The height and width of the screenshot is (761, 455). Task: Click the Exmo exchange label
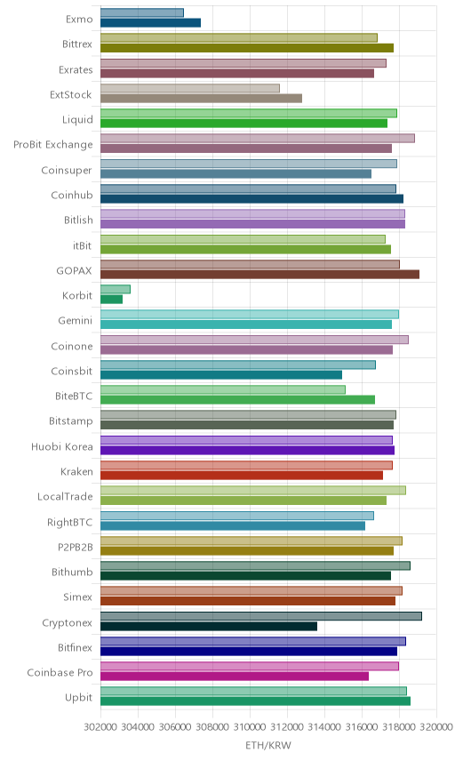point(79,19)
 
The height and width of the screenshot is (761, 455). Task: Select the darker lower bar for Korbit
point(112,300)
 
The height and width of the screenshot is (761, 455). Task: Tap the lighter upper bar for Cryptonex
point(261,616)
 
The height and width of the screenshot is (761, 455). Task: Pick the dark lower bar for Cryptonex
point(209,626)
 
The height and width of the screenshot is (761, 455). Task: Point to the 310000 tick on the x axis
point(250,726)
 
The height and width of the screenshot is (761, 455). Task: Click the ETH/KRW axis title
point(268,746)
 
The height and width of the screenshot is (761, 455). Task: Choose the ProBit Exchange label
point(52,145)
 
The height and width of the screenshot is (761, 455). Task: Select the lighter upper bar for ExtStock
point(190,88)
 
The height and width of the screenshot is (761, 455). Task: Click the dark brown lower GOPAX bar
point(260,274)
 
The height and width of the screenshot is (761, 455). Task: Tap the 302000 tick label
point(100,726)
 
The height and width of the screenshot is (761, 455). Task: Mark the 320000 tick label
point(436,726)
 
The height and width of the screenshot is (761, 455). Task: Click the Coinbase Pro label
point(60,673)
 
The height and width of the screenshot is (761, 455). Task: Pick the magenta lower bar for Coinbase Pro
point(235,676)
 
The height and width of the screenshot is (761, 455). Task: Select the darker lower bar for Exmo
point(151,22)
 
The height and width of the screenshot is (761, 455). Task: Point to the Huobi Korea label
point(61,446)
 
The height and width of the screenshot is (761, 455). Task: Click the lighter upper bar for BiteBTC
point(223,389)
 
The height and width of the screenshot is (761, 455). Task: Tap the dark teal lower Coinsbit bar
point(221,374)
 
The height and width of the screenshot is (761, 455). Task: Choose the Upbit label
point(78,698)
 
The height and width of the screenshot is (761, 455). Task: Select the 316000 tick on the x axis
point(362,726)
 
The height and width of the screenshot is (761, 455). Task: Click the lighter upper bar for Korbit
point(116,289)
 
